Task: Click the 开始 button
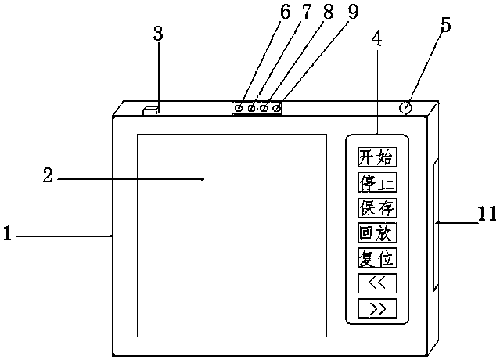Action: tap(376, 157)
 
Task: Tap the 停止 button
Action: tap(376, 182)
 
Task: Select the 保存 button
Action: tap(376, 207)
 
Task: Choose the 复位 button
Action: tap(376, 257)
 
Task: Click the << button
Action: tap(376, 283)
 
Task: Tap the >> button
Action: tap(376, 308)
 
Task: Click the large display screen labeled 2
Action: tap(231, 235)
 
